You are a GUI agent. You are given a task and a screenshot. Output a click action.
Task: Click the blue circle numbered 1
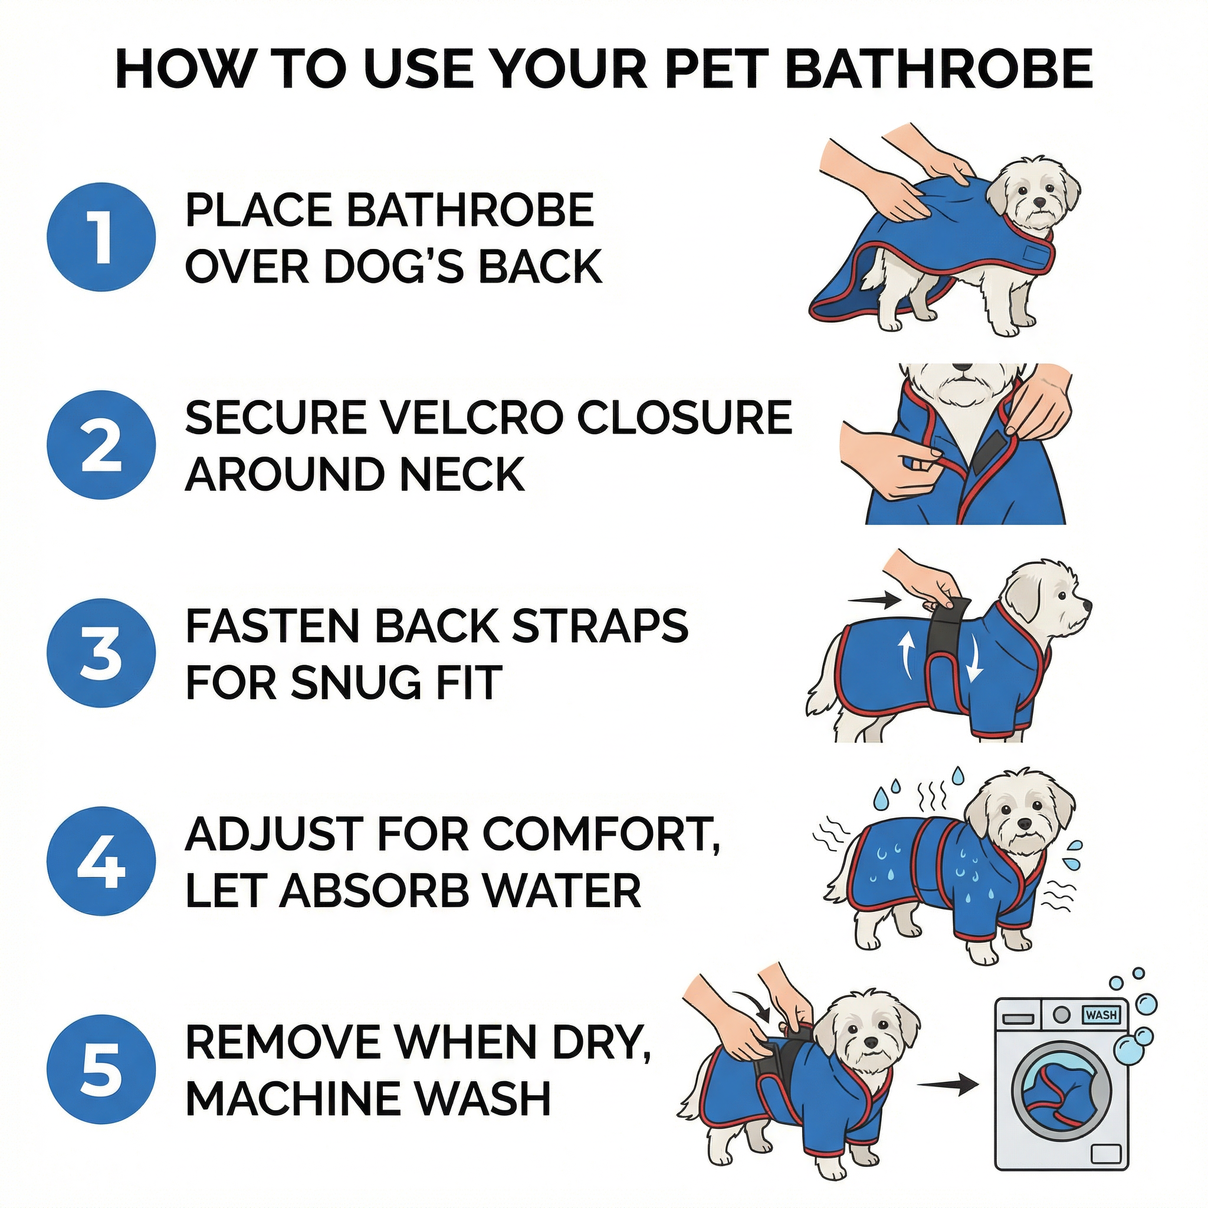tap(101, 237)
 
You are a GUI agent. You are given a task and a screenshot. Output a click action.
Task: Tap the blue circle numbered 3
tap(101, 654)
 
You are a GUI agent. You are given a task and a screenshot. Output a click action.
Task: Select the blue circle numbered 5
tap(101, 1070)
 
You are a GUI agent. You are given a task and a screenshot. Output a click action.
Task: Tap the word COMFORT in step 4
tap(598, 835)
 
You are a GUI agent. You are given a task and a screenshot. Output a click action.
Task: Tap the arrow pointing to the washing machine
tap(947, 1084)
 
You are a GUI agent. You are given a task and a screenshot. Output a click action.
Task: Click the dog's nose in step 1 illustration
tap(1039, 202)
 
